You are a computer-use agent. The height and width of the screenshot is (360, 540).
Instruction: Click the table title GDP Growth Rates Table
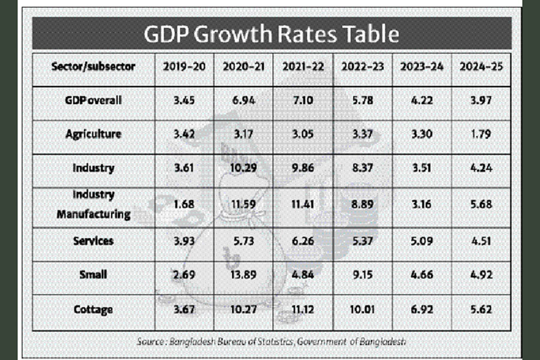pos(271,34)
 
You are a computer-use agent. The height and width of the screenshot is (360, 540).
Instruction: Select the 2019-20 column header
pos(184,67)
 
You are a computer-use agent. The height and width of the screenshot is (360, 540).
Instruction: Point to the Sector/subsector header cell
pos(93,67)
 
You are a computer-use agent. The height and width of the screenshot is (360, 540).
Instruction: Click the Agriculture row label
pos(94,134)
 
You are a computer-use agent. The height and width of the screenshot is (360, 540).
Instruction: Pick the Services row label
pos(94,241)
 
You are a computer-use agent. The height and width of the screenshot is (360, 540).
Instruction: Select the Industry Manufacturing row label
pos(94,205)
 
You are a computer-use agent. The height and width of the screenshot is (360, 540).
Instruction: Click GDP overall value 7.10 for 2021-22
pos(303,100)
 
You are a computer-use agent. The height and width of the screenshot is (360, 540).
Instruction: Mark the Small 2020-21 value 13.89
pos(244,274)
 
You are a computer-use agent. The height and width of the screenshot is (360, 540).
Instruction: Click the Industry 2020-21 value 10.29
pos(244,169)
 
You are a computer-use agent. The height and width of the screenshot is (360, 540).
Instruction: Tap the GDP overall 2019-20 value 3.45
pos(184,100)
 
